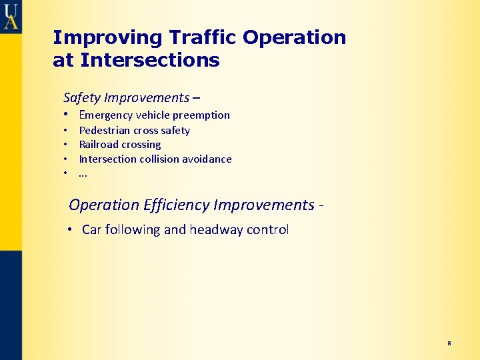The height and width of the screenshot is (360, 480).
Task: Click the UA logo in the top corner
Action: [11, 16]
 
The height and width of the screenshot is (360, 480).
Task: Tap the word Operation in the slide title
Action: [295, 37]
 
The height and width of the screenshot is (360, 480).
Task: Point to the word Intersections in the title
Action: [150, 61]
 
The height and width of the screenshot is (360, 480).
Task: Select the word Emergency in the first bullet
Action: [105, 115]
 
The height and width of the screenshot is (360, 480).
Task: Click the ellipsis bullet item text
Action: [83, 175]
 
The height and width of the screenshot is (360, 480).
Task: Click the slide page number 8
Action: [449, 343]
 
